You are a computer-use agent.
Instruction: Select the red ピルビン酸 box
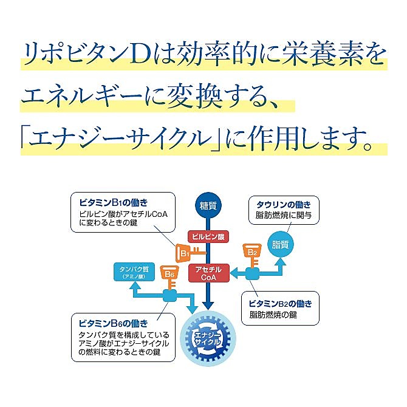tap(208, 237)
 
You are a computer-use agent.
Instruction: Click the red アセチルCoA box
tap(208, 273)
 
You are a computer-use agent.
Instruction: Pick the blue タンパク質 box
tap(132, 272)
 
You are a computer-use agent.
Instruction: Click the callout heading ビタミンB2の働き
tap(284, 303)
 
